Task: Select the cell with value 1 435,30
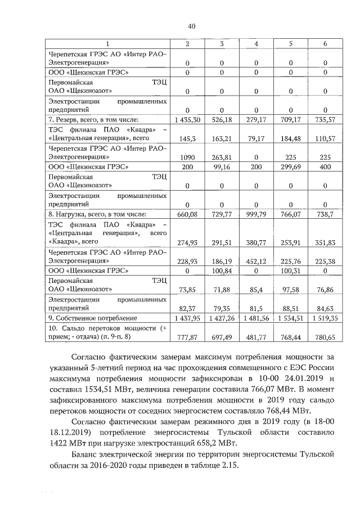[187, 120]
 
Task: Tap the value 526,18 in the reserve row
[222, 120]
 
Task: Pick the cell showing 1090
[187, 158]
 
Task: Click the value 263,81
[222, 158]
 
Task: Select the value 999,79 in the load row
[256, 214]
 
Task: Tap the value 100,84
[222, 271]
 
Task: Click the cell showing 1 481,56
[256, 318]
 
